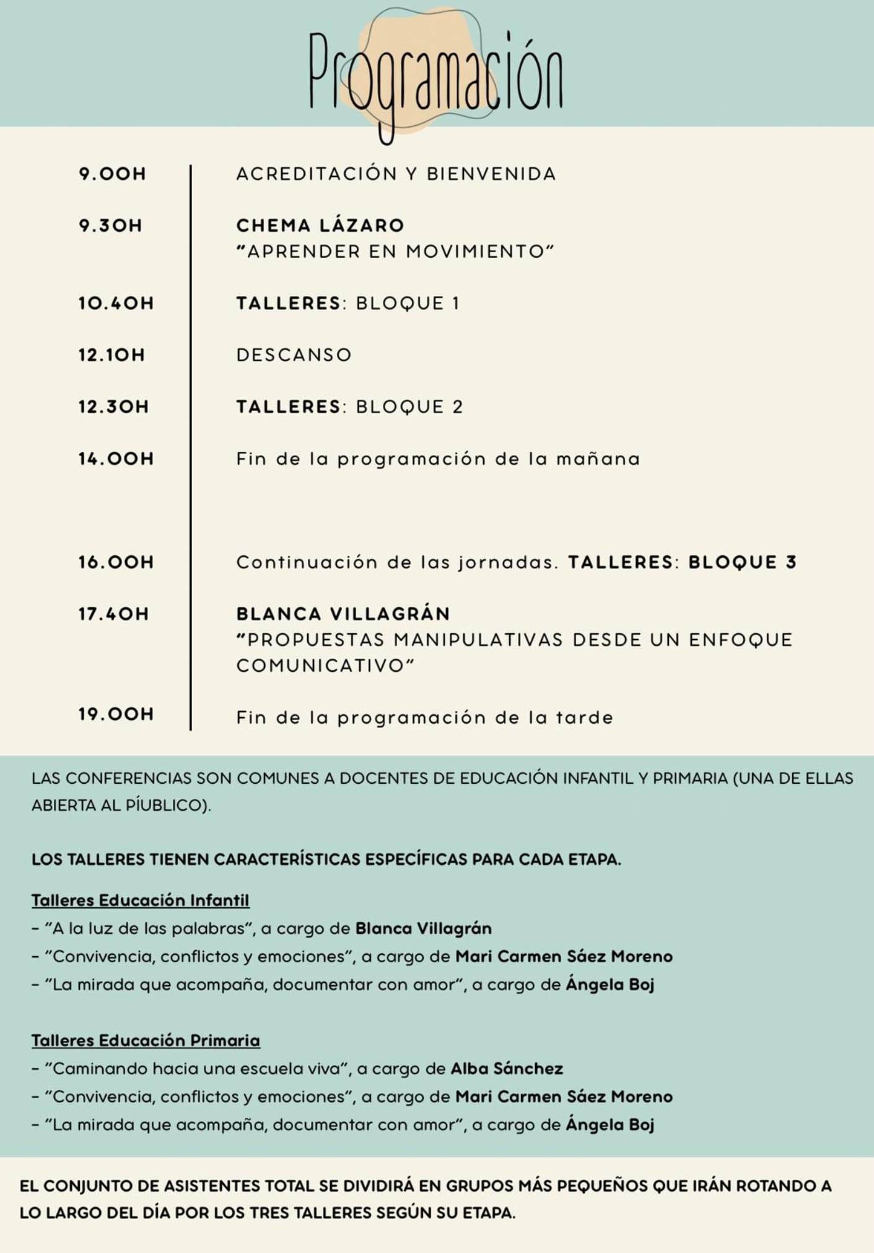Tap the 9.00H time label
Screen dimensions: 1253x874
point(112,174)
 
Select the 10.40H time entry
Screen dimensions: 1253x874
point(116,304)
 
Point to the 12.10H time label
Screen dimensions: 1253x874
point(111,355)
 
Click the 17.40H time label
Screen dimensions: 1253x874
point(113,614)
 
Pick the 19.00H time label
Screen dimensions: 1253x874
point(116,714)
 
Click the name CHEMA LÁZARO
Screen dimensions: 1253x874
point(320,226)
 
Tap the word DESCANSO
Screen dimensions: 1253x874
point(294,355)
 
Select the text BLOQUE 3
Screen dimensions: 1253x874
point(742,562)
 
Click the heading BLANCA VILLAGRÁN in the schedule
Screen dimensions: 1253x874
point(343,614)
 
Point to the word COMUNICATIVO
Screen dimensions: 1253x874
point(320,666)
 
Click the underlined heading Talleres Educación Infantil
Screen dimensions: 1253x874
point(141,900)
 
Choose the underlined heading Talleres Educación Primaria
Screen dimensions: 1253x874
point(146,1040)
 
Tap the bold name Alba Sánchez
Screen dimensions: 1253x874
point(507,1069)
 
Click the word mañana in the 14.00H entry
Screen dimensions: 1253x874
point(598,459)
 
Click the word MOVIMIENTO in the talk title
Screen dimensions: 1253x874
point(474,252)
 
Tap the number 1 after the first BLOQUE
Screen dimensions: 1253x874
point(456,304)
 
